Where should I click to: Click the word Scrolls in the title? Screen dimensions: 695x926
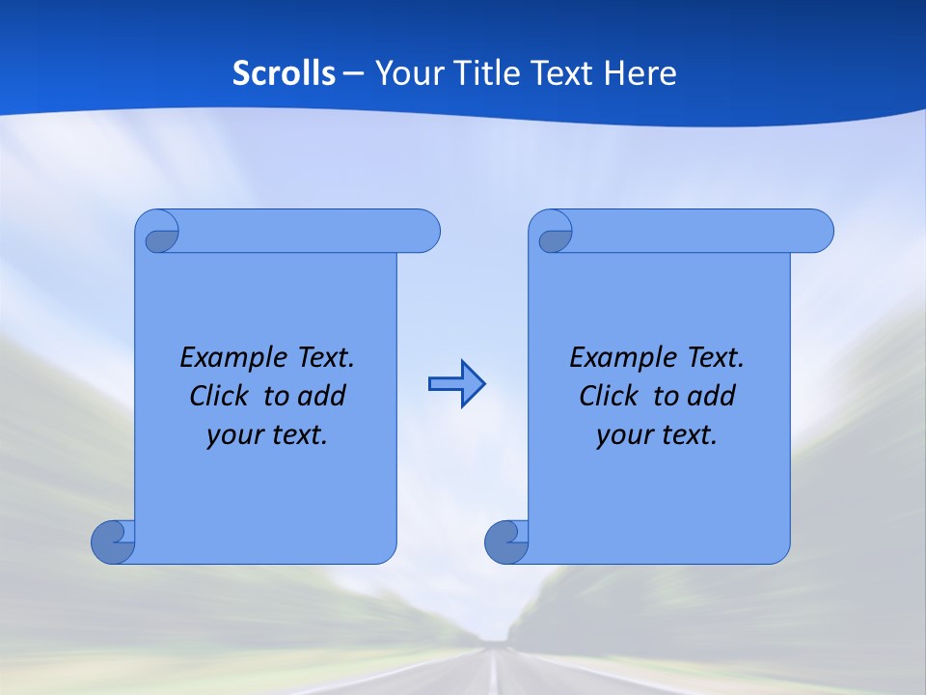click(284, 73)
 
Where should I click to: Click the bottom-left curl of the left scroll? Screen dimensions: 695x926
click(113, 542)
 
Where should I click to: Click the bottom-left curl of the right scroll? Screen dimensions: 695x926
click(506, 542)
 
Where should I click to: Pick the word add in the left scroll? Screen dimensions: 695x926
click(323, 396)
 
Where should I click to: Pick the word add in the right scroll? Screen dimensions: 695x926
click(713, 396)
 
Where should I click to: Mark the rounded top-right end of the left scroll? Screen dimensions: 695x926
click(424, 231)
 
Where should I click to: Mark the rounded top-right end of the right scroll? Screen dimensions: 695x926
click(818, 231)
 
